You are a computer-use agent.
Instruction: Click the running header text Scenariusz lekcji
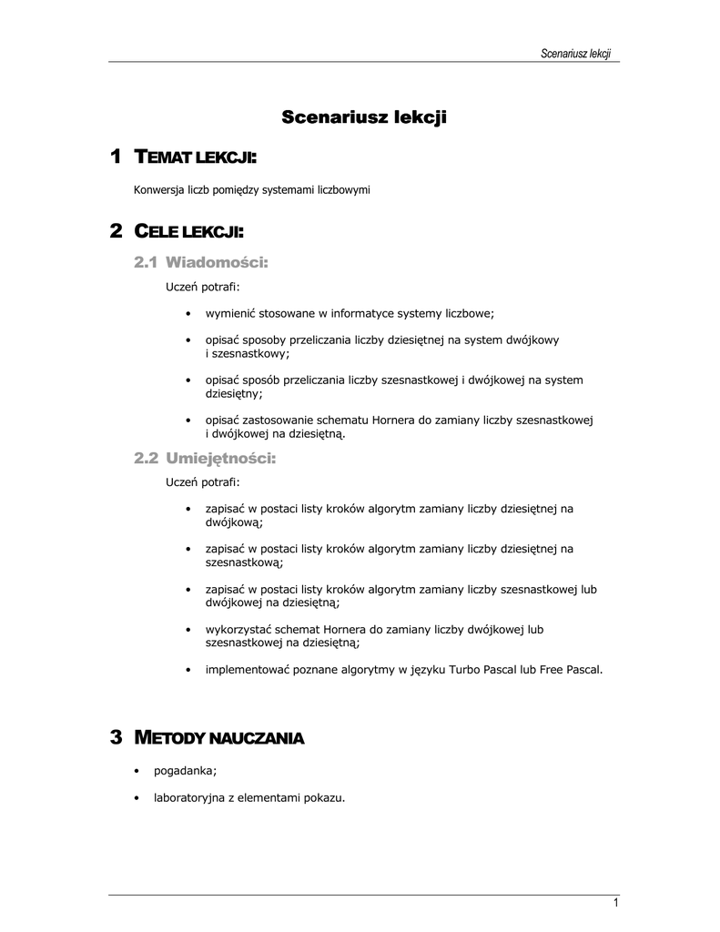click(x=574, y=54)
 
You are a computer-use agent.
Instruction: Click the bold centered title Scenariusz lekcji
click(x=364, y=117)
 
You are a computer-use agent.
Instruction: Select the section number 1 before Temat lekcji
click(x=115, y=157)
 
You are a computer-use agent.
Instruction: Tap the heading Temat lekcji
click(x=196, y=158)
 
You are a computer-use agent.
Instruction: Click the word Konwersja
click(x=159, y=190)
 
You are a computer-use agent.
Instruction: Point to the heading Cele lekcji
click(x=189, y=232)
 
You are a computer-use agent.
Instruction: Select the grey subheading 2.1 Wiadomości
click(x=201, y=263)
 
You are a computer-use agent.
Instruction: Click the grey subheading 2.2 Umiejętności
click(x=204, y=459)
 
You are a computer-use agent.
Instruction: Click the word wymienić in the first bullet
click(x=231, y=314)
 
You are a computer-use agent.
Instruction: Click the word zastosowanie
click(x=283, y=420)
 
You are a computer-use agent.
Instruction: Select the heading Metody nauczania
click(x=218, y=737)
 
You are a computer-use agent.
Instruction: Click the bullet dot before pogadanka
click(x=136, y=771)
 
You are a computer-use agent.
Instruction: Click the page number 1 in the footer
click(x=616, y=903)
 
